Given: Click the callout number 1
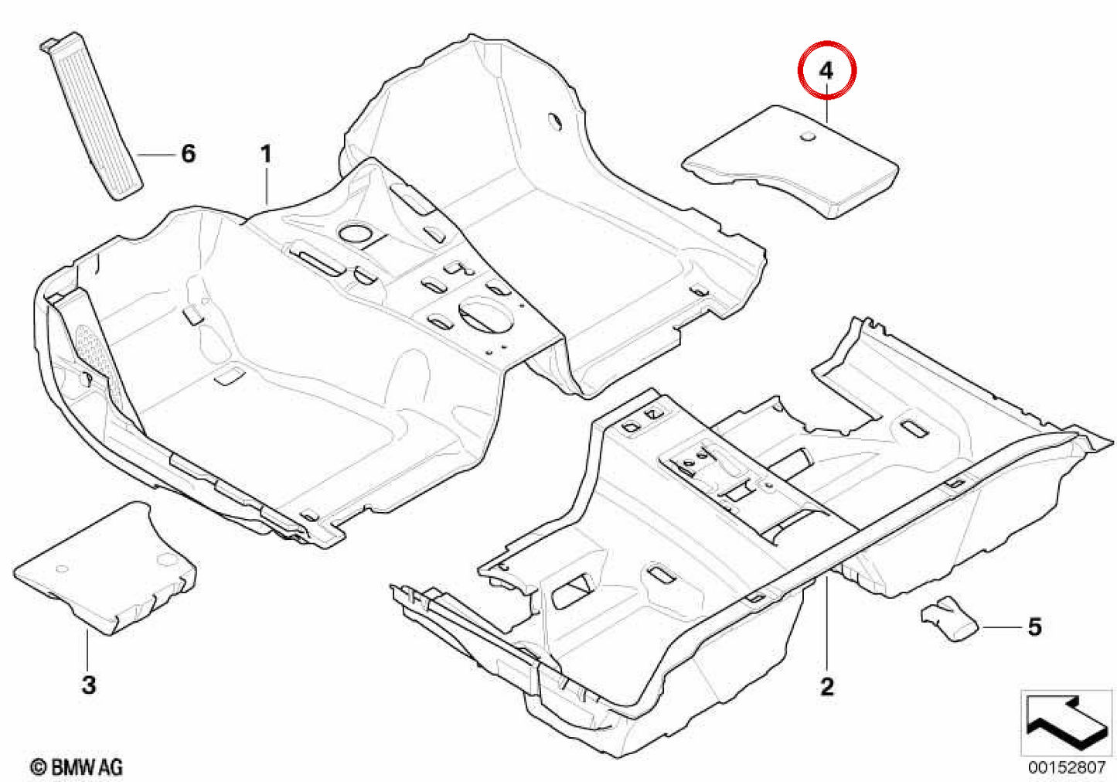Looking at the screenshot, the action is click(x=266, y=154).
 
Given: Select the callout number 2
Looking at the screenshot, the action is click(x=827, y=687).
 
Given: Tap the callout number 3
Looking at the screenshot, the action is click(x=89, y=685).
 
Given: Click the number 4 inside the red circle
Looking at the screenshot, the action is click(x=826, y=71).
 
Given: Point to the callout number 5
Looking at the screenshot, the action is click(x=1035, y=627).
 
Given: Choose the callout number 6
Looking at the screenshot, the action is click(x=188, y=153).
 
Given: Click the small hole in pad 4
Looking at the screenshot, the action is click(x=807, y=135).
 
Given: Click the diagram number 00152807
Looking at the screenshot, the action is click(x=1066, y=767).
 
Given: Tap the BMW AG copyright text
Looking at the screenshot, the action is click(x=77, y=767).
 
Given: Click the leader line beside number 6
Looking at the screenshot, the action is click(x=156, y=155).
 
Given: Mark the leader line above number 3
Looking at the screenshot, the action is click(x=87, y=651).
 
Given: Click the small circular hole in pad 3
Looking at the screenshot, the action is click(x=62, y=569).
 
